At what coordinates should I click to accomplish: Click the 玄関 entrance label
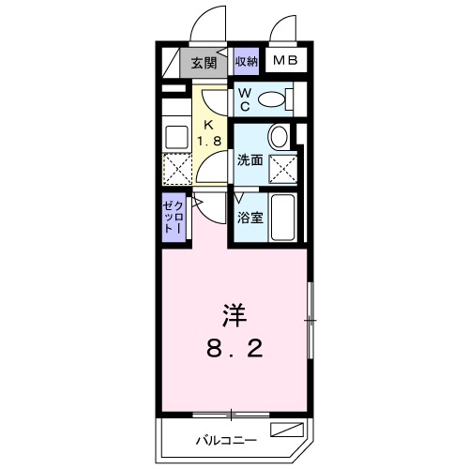(203, 63)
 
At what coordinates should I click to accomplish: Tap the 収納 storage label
(247, 63)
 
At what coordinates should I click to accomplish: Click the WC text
(242, 98)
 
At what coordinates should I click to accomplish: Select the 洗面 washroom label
(249, 159)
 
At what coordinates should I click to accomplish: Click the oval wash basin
(280, 137)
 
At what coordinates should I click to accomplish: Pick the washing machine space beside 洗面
(285, 170)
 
